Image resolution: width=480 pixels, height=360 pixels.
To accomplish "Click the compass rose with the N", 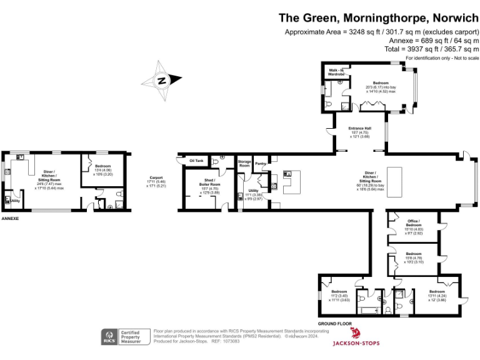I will [x=161, y=80].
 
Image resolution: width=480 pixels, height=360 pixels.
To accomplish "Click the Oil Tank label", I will [x=196, y=161].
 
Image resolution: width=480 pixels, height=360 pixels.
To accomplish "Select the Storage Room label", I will [x=244, y=163].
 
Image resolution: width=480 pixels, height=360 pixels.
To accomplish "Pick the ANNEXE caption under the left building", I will [x=11, y=219].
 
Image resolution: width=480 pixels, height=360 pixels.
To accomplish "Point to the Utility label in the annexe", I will [x=15, y=201].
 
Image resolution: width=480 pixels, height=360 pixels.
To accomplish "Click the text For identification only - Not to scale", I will [x=442, y=57].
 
